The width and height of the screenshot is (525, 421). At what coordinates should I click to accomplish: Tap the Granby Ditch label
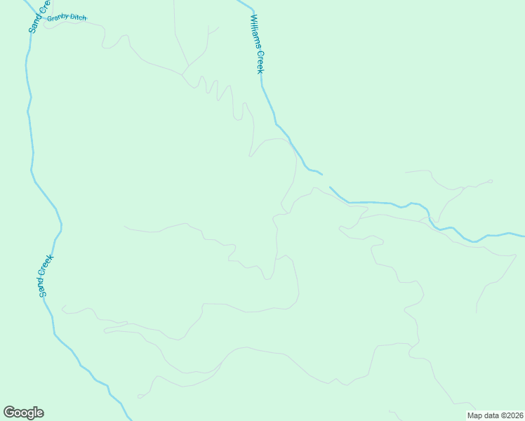[67, 18]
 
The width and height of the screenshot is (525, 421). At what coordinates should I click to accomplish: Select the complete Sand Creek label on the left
[46, 276]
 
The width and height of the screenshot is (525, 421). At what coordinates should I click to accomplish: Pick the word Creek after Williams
[259, 61]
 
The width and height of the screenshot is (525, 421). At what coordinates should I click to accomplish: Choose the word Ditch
[78, 18]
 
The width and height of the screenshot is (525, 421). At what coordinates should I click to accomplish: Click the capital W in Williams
[252, 19]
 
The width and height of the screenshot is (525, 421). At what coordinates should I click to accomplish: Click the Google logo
[23, 413]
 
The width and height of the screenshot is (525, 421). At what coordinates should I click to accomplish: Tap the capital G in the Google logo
[9, 413]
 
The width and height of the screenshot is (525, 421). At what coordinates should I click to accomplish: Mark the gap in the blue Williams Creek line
[326, 180]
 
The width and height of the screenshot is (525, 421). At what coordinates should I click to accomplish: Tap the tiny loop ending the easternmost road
[491, 182]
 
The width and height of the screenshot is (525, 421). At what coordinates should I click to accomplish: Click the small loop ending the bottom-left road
[139, 396]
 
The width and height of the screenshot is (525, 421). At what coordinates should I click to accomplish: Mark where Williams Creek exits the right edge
[523, 235]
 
